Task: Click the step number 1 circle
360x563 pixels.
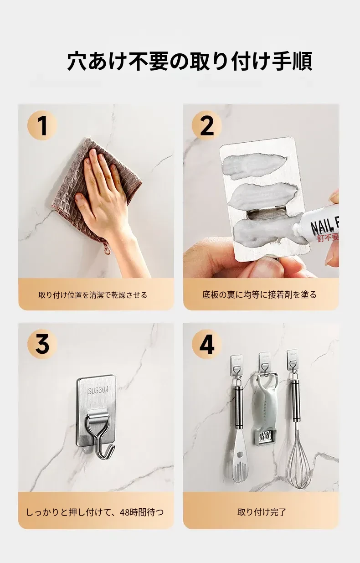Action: tap(42, 125)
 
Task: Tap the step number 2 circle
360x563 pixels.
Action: tap(206, 125)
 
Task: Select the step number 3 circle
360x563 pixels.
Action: tap(42, 344)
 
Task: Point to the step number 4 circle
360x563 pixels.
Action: tap(206, 344)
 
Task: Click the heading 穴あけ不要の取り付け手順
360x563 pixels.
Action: tap(190, 61)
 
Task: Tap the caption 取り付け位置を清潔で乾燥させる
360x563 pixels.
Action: tap(93, 295)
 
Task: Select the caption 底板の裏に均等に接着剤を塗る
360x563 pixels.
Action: tap(259, 294)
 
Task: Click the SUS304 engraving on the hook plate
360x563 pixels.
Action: tap(98, 390)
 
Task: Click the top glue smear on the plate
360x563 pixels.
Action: tap(254, 166)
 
